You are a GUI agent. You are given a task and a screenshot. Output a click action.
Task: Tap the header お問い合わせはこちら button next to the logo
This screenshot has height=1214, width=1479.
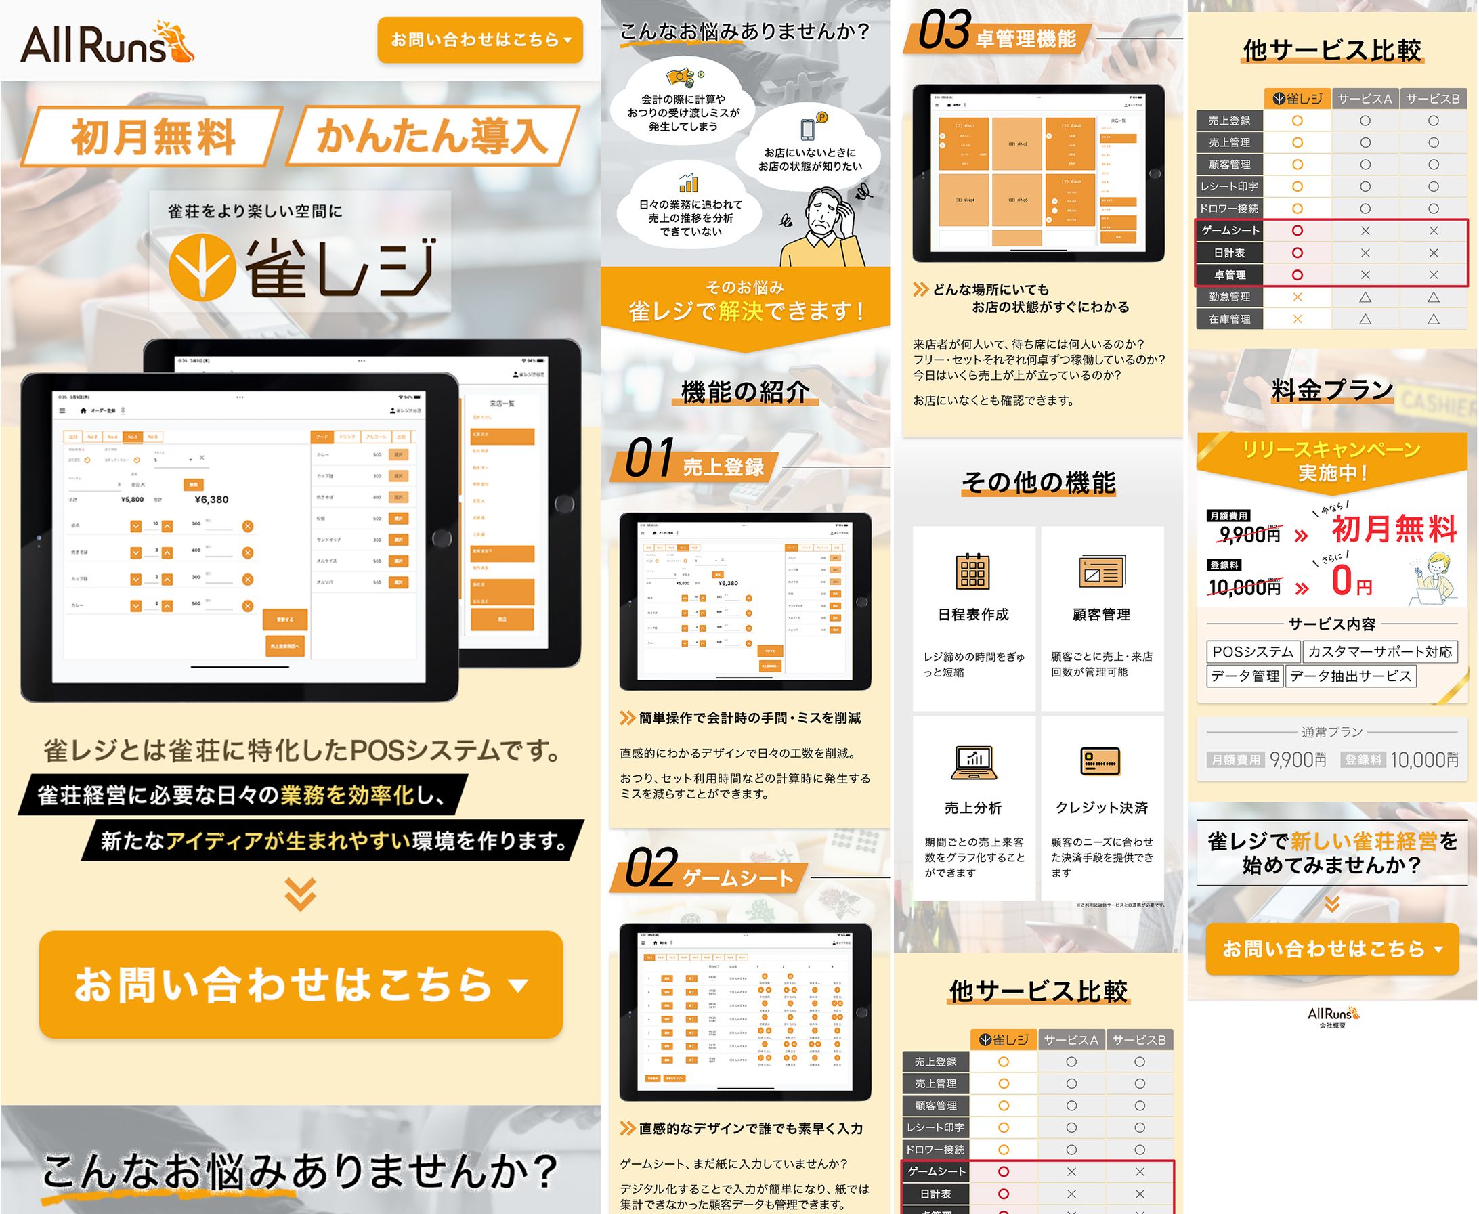click(479, 40)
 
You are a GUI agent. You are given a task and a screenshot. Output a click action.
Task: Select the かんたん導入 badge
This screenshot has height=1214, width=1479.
click(432, 135)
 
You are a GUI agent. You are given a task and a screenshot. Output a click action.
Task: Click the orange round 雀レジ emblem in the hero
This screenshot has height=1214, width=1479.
click(201, 267)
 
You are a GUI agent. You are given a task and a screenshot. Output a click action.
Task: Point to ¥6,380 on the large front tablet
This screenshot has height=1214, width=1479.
click(211, 499)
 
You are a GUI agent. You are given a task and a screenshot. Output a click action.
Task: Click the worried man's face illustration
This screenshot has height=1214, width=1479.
click(824, 214)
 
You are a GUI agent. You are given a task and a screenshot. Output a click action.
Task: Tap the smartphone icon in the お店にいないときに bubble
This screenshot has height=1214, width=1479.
click(808, 129)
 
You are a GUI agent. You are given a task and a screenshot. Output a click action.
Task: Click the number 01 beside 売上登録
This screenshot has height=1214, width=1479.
click(649, 458)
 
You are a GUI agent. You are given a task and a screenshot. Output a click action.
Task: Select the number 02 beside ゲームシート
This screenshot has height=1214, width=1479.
click(651, 869)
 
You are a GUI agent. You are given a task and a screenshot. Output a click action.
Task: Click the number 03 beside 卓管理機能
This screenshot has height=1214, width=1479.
click(943, 30)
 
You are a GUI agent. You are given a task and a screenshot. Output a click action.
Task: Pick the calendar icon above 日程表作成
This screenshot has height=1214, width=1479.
click(972, 571)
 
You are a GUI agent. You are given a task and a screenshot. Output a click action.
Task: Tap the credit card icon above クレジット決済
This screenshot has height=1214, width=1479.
click(1100, 762)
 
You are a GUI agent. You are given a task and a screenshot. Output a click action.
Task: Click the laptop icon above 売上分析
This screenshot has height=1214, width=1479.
click(972, 762)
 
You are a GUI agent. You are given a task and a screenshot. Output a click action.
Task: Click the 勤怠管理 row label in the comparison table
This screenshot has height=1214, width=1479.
click(1229, 297)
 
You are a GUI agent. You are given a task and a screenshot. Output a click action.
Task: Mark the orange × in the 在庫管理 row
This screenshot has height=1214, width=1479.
click(1298, 319)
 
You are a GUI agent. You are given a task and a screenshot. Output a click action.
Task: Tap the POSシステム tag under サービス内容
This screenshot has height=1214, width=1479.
click(1252, 652)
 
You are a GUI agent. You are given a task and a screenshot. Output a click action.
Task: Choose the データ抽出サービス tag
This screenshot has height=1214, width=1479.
click(1350, 676)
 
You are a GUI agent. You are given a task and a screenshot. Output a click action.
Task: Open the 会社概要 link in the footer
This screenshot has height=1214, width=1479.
click(1331, 1026)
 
